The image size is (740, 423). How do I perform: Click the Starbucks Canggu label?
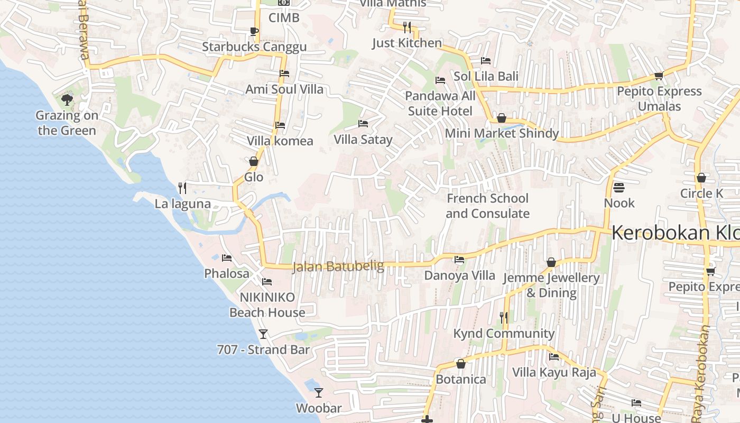(254, 47)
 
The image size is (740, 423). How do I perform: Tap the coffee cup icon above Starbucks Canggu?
(254, 31)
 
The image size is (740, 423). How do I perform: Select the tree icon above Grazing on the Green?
(67, 99)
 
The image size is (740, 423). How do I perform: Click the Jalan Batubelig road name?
(338, 266)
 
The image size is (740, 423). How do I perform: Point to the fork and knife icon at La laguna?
(182, 188)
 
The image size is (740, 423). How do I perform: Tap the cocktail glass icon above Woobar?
(319, 392)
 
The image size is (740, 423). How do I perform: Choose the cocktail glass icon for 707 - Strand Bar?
(263, 334)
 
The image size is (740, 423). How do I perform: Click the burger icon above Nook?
(619, 188)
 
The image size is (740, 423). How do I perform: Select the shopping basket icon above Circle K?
(701, 178)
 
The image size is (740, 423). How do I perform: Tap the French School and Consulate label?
(487, 206)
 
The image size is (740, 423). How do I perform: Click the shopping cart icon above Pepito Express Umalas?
(659, 76)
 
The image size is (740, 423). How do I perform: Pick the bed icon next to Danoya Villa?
(459, 260)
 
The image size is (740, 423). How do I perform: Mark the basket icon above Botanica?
(461, 364)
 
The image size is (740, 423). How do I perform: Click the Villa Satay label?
(363, 140)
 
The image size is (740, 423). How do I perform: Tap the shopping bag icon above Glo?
(254, 161)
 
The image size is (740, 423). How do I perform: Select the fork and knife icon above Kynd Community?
(504, 317)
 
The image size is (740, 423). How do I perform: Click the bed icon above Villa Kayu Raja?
(554, 357)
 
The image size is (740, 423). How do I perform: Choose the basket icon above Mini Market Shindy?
(502, 117)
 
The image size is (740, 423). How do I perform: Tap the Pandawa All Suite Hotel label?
(440, 104)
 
